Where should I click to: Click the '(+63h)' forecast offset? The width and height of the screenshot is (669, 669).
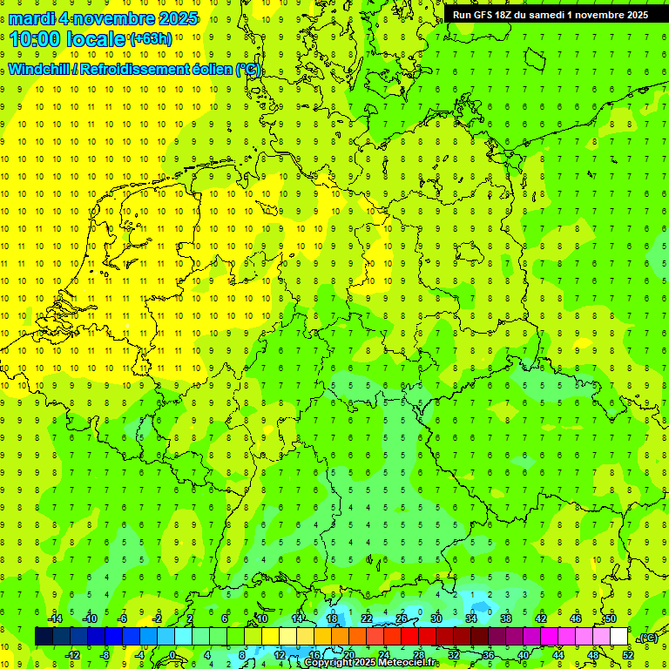[x=151, y=39]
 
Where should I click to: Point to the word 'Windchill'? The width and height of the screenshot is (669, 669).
[x=40, y=70]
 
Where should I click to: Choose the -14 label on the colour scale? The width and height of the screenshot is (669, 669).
[x=55, y=618]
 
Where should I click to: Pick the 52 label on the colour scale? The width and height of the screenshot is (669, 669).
[x=628, y=654]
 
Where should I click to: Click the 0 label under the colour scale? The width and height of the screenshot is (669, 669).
[x=172, y=654]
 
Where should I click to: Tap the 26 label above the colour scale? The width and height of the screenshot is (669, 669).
[x=401, y=618]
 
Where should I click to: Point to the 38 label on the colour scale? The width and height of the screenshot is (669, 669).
[x=505, y=618]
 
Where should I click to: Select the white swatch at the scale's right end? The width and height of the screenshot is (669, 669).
[x=618, y=636]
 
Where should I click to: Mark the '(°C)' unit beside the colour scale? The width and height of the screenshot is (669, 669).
[x=647, y=638]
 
